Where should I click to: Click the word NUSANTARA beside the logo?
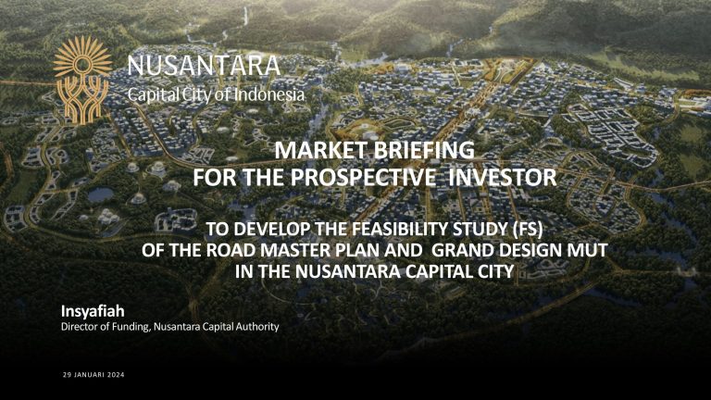click(202, 67)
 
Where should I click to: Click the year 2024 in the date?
click(115, 375)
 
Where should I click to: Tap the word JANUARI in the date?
click(87, 375)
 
